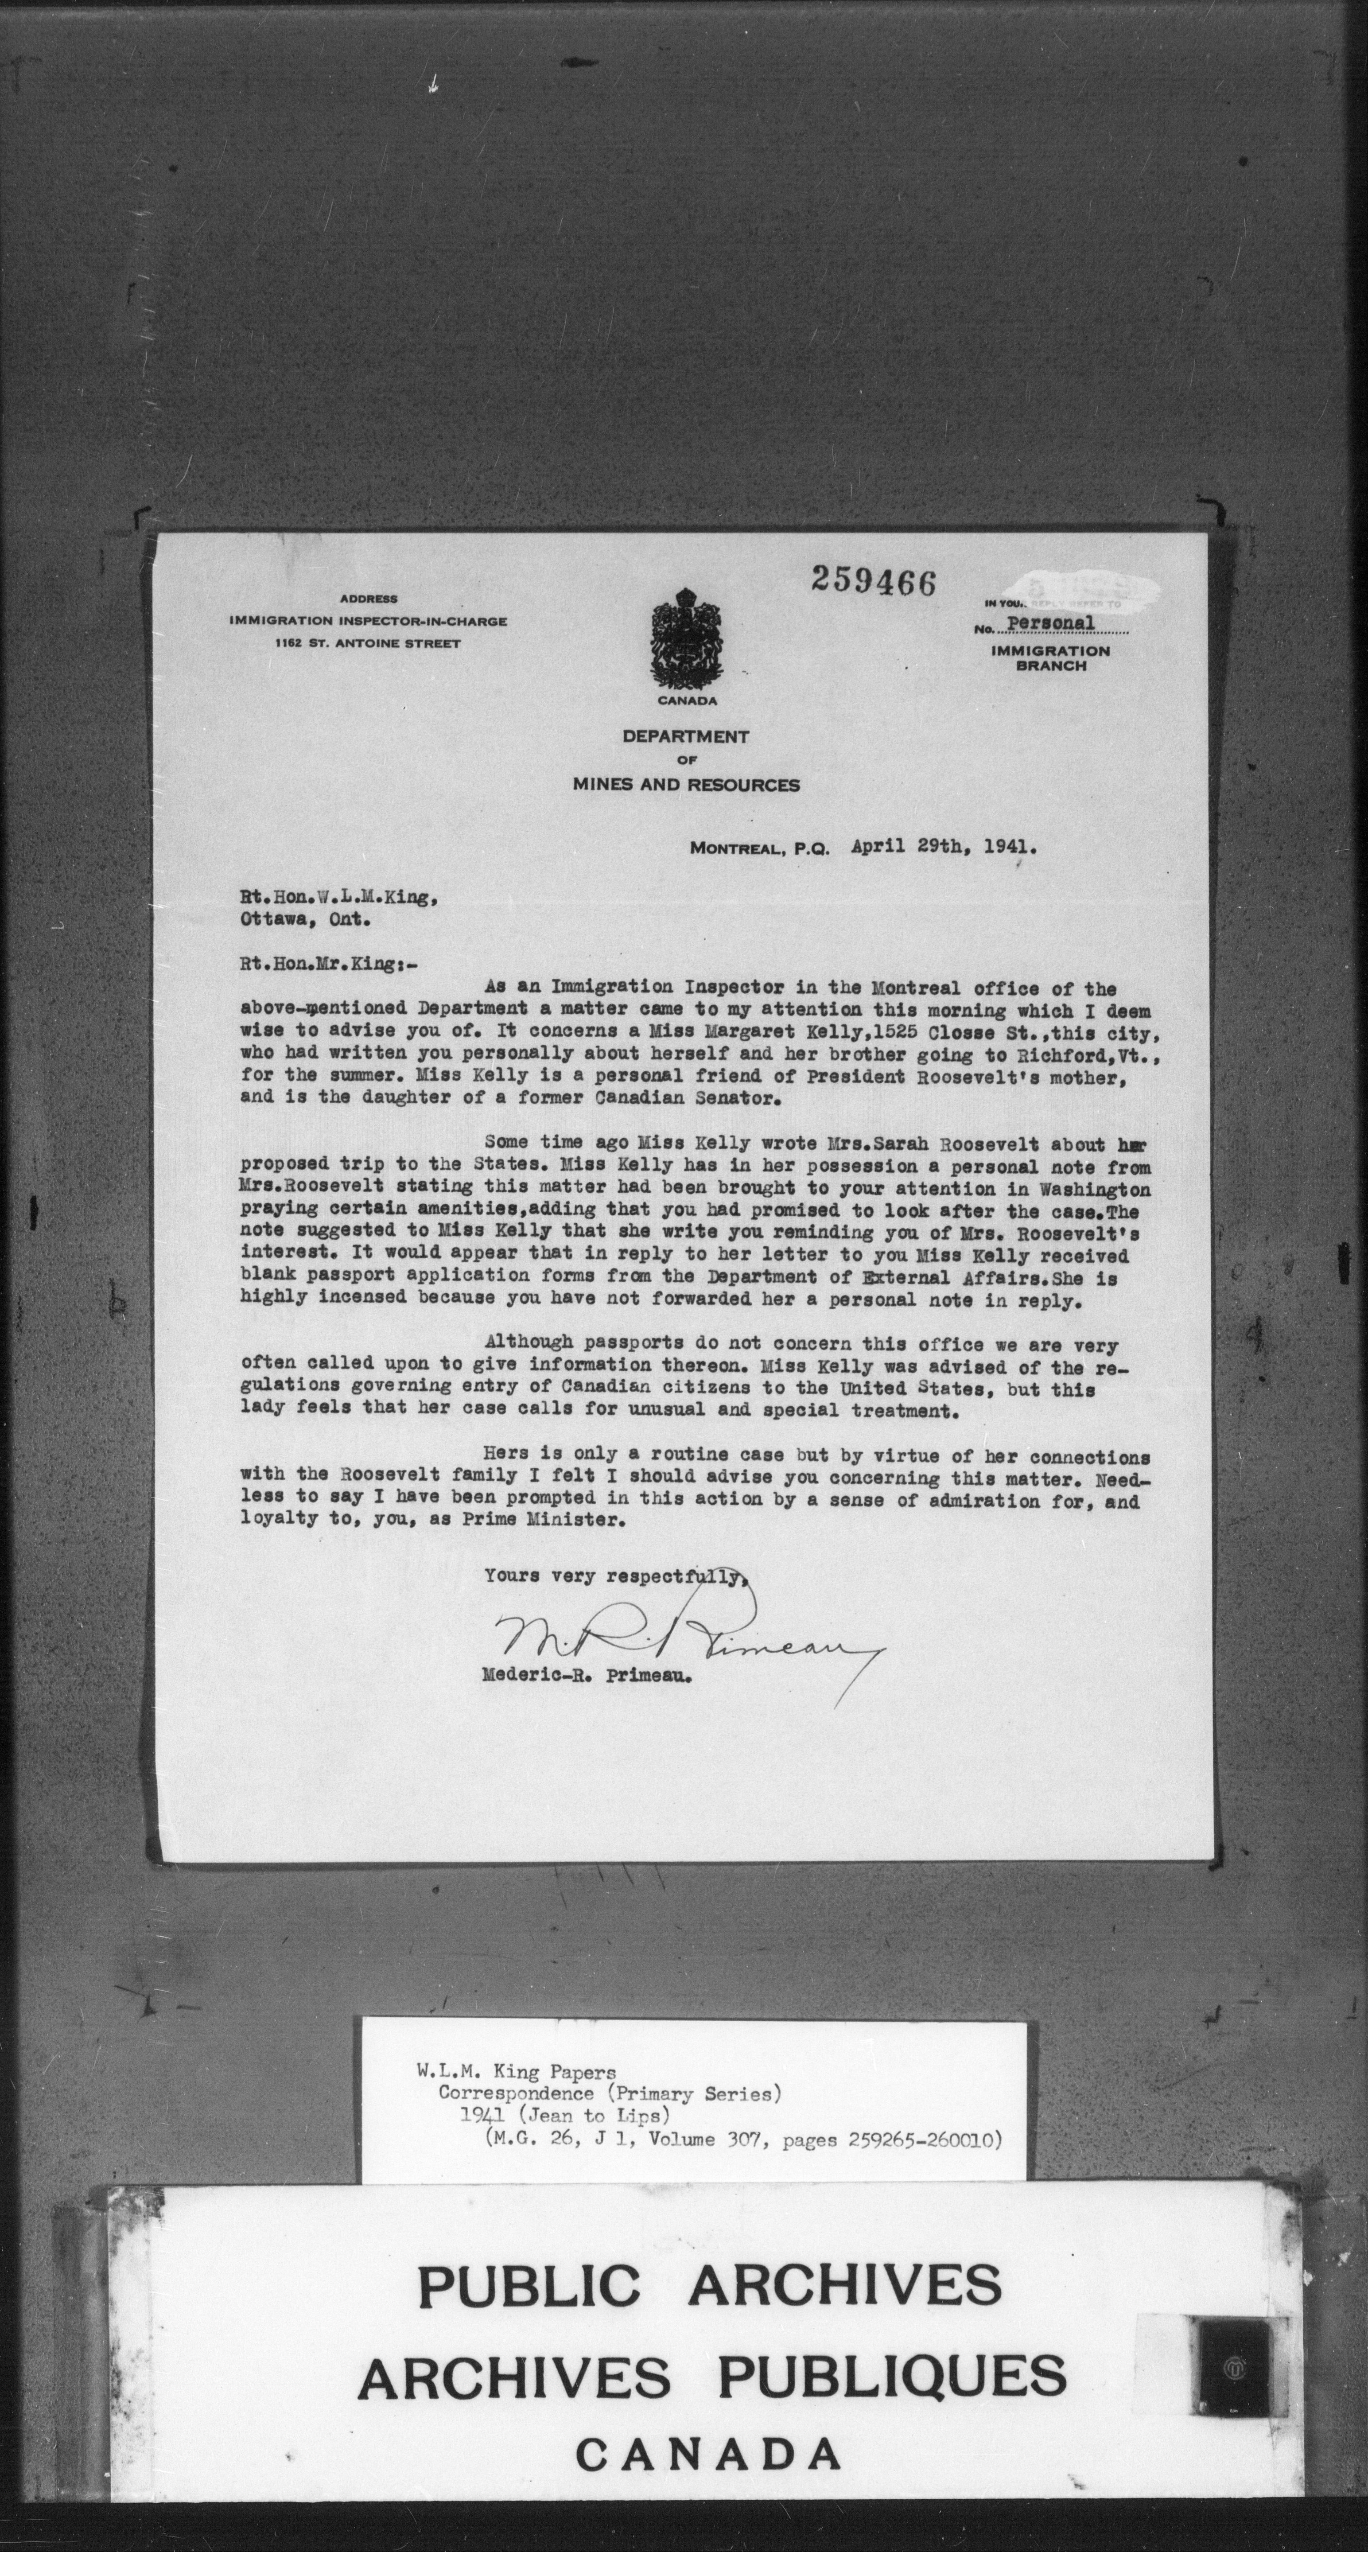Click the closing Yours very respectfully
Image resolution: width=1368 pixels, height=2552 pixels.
point(614,1576)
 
